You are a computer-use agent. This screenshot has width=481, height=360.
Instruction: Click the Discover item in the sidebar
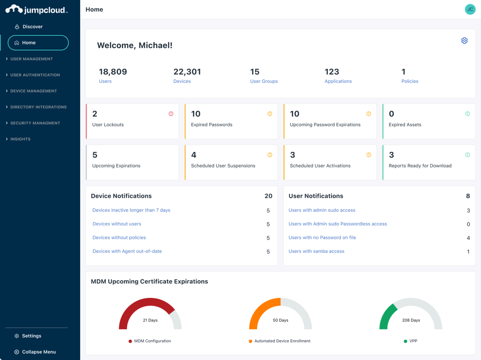click(x=32, y=27)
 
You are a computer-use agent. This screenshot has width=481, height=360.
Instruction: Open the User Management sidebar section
click(x=31, y=59)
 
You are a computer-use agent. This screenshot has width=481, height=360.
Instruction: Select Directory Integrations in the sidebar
click(x=38, y=107)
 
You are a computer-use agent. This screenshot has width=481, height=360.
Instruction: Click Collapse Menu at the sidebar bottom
click(x=39, y=352)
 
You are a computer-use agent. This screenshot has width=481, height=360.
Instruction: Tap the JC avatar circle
click(x=470, y=9)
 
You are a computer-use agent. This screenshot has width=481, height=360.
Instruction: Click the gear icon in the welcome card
click(x=464, y=40)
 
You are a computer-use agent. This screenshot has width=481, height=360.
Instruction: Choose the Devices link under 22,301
click(x=182, y=81)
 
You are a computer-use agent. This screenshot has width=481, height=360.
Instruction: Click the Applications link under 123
click(x=338, y=81)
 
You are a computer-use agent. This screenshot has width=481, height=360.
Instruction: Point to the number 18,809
click(x=113, y=72)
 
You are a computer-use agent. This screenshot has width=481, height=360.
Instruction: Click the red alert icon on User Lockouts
click(x=171, y=114)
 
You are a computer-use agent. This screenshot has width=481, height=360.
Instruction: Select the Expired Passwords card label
click(x=212, y=125)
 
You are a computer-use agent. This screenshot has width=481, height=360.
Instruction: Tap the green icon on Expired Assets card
click(x=467, y=114)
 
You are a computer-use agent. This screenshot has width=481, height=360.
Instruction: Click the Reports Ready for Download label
click(x=420, y=166)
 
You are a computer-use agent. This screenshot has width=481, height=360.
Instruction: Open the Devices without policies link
click(x=119, y=238)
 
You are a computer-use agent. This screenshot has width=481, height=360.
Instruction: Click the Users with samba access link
click(x=316, y=251)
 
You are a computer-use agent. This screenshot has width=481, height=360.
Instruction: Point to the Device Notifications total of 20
click(x=268, y=196)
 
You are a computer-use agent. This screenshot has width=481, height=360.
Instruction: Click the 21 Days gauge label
click(x=150, y=320)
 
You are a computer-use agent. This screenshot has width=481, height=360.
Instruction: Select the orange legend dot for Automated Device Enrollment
click(x=250, y=341)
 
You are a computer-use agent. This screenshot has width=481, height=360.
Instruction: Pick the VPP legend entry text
click(x=413, y=341)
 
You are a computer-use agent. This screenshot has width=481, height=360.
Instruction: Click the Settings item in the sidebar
click(x=31, y=336)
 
